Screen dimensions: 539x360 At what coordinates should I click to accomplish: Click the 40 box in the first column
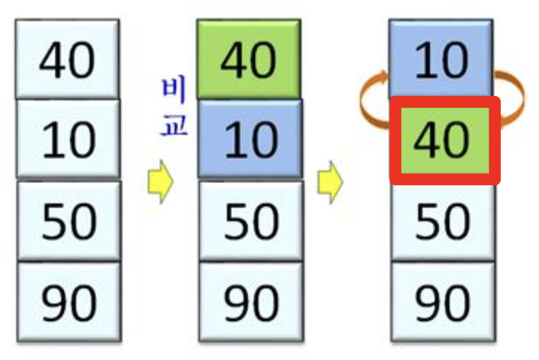pyautogui.click(x=67, y=59)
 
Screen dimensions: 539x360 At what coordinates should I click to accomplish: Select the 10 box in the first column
pyautogui.click(x=68, y=139)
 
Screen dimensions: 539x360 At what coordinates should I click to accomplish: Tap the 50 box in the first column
pyautogui.click(x=69, y=221)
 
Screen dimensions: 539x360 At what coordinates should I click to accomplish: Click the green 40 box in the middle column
pyautogui.click(x=249, y=59)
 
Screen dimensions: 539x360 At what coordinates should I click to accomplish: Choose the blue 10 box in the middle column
pyautogui.click(x=250, y=139)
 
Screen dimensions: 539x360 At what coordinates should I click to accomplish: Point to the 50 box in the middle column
pyautogui.click(x=251, y=221)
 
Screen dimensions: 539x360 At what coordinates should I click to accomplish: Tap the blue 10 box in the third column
pyautogui.click(x=441, y=59)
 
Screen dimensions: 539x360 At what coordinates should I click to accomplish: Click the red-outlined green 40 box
pyautogui.click(x=445, y=140)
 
